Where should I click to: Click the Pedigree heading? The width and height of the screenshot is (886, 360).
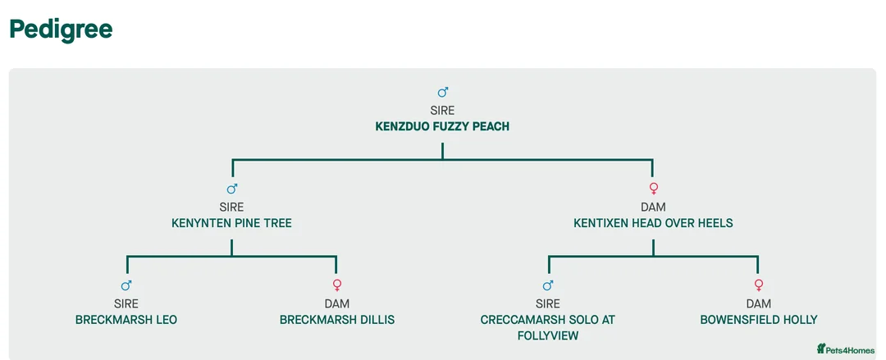[x=61, y=30]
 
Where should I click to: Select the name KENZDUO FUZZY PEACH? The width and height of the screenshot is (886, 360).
[x=442, y=126]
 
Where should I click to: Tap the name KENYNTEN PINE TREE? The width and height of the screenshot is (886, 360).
[x=231, y=223]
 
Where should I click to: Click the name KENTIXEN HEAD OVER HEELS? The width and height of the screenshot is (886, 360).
[x=653, y=223]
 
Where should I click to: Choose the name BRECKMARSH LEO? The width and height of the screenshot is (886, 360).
[x=126, y=320]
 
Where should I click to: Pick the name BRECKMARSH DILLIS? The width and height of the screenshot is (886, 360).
[x=337, y=320]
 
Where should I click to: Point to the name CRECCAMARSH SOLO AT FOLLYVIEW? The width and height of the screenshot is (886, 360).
[x=548, y=327]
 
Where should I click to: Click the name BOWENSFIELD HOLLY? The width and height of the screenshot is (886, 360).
[x=759, y=320]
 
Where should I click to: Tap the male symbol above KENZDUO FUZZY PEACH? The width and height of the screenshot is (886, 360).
[x=443, y=93]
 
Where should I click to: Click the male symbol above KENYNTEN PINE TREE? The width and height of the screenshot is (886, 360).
[x=232, y=189]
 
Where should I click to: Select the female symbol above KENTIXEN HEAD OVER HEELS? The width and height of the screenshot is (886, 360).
[x=654, y=189]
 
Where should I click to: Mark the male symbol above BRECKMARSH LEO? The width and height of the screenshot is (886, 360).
[x=126, y=286]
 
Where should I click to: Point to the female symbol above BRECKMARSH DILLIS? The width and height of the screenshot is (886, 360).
[x=337, y=286]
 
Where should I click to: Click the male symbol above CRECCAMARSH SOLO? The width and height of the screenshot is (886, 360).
[x=548, y=286]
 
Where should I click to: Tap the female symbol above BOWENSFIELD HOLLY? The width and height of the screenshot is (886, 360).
[x=759, y=286]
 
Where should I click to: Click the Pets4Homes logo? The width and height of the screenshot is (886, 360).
[x=846, y=349]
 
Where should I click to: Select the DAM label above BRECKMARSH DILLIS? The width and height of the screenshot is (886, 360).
[x=337, y=304]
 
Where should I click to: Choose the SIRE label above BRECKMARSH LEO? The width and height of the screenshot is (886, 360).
[x=126, y=304]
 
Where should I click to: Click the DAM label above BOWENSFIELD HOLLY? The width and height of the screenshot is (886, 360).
[x=759, y=304]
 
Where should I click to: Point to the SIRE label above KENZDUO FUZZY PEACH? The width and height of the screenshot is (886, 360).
[x=442, y=111]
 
